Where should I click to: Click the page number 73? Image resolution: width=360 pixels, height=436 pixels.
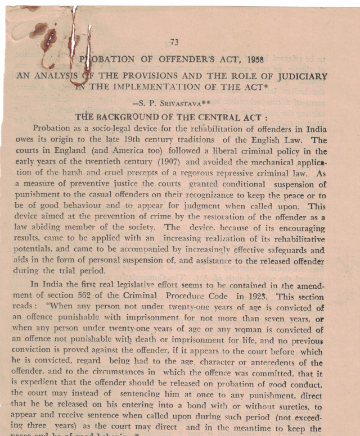(x=174, y=42)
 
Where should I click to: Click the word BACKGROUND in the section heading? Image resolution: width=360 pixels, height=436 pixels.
(x=130, y=117)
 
